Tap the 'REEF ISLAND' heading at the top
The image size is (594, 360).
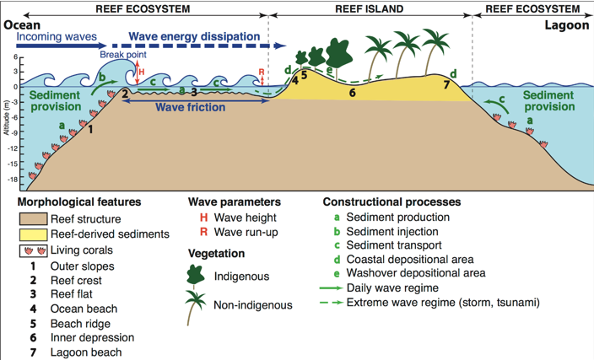370,9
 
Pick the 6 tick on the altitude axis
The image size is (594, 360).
15,57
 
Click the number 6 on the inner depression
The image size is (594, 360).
352,91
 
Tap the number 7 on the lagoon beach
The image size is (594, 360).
446,83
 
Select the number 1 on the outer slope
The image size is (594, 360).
90,130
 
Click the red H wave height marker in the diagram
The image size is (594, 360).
141,71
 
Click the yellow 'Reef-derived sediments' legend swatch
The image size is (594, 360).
35,234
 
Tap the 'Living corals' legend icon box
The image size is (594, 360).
35,250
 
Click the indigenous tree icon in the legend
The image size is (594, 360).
196,275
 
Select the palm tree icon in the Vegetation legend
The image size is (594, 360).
196,306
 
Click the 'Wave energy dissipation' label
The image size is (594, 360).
192,37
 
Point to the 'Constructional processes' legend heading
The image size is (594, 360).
391,202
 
